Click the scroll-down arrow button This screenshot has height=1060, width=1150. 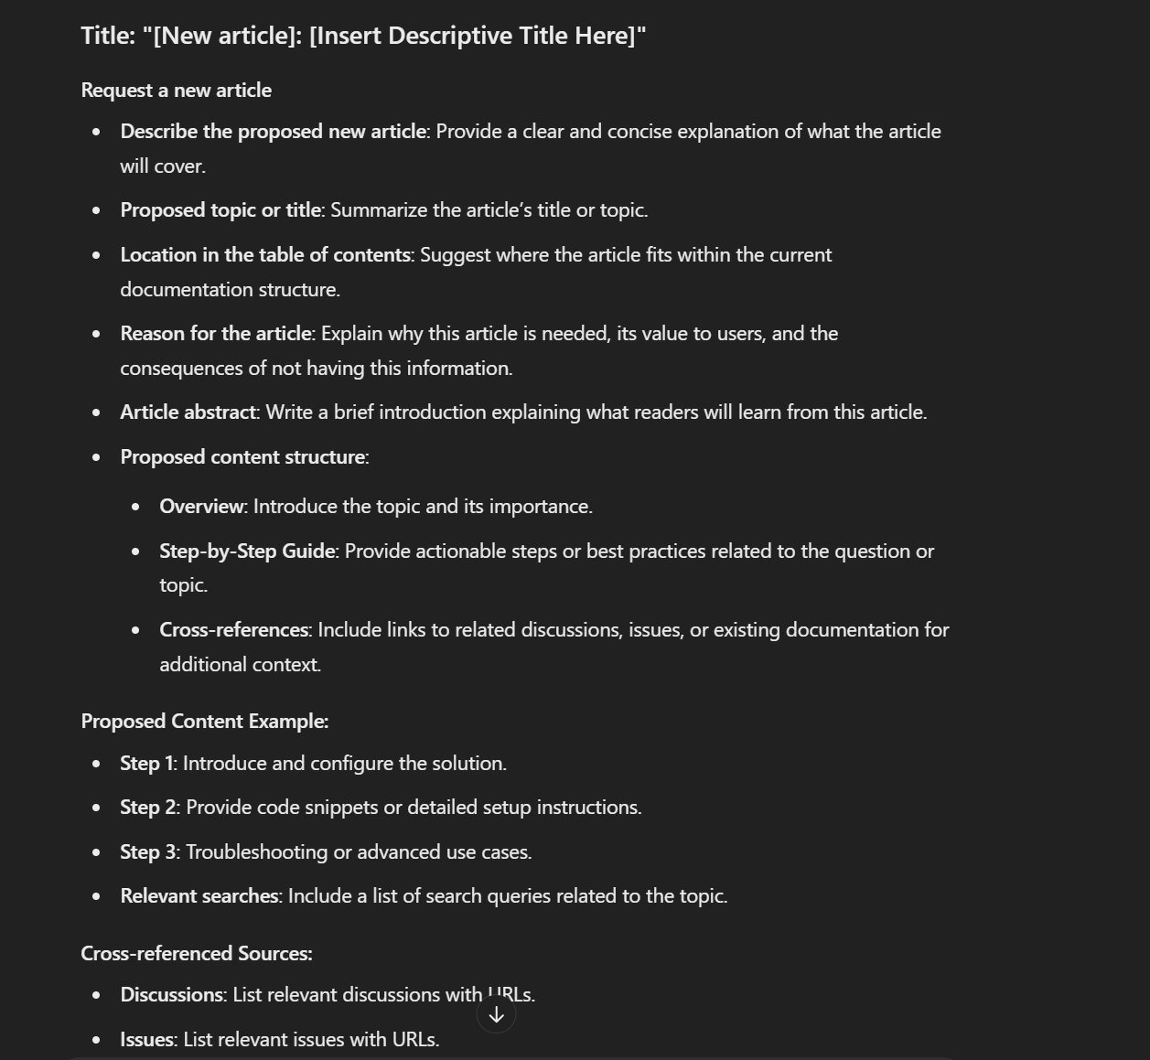point(496,1014)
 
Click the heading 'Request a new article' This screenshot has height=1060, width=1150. point(176,91)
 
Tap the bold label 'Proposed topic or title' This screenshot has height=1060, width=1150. point(220,210)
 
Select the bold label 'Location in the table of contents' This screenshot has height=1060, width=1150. point(265,255)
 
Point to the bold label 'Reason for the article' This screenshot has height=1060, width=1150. point(216,334)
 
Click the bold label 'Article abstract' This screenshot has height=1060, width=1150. point(188,412)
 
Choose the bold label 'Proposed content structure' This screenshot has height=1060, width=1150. point(242,457)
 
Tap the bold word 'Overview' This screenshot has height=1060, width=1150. point(202,507)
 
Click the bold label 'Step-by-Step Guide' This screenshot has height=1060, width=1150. point(247,551)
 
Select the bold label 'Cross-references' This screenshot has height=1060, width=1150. point(233,630)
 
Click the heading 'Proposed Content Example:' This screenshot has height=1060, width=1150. point(205,722)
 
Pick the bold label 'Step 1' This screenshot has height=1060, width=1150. point(146,764)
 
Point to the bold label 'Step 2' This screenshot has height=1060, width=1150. point(148,808)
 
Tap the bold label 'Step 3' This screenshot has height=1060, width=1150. point(148,852)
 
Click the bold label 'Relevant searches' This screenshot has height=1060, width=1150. point(199,896)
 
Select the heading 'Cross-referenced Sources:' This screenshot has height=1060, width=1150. point(197,954)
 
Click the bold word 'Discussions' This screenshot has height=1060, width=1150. point(172,995)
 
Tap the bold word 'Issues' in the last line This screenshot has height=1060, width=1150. point(146,1040)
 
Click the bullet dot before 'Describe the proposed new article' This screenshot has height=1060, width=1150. point(97,132)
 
